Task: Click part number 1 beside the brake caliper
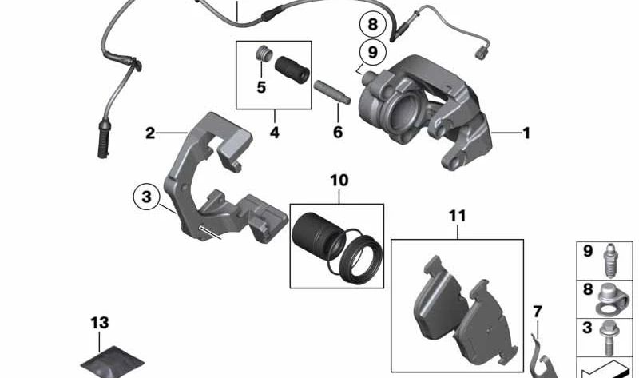tap(526, 133)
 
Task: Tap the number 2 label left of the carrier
tap(150, 133)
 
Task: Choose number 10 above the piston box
tap(339, 181)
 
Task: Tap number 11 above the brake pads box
tap(456, 215)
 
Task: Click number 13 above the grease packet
tap(98, 323)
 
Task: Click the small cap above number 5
tap(259, 55)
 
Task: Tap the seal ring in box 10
tap(357, 259)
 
